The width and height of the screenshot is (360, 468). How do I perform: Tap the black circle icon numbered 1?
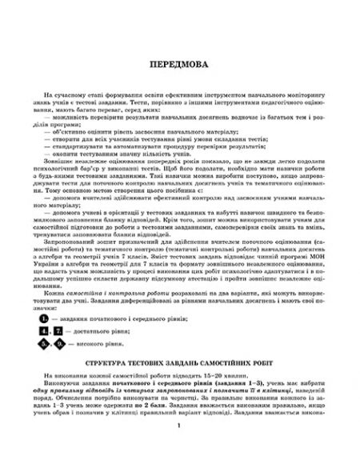click(x=56, y=295)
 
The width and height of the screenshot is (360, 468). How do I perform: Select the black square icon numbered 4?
click(x=55, y=308)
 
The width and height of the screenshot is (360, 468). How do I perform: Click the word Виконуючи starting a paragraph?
click(x=74, y=361)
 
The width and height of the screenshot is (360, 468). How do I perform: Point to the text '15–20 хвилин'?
click(x=225, y=353)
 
